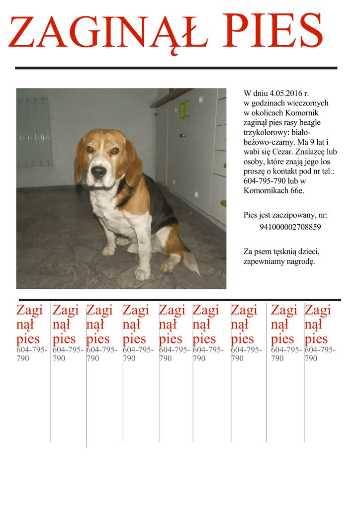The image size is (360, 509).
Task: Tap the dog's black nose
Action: tap(98, 172)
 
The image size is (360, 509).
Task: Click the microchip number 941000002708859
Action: tap(290, 227)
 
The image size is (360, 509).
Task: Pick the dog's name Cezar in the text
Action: tap(281, 152)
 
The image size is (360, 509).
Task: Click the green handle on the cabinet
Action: tap(184, 109)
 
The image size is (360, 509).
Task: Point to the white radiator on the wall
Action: tap(35, 132)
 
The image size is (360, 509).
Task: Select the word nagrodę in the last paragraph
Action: tap(300, 261)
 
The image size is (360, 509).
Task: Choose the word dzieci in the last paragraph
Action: tap(308, 252)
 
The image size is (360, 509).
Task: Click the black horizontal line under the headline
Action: tap(176, 68)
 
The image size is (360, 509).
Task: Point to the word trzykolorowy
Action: tap(265, 132)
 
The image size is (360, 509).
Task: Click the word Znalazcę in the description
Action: tap(315, 152)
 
